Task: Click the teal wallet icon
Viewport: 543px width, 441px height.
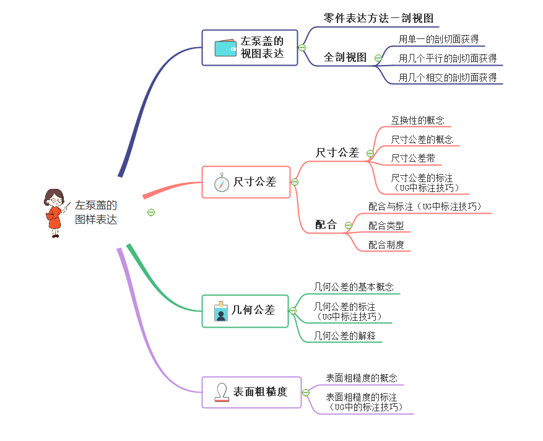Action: pos(225,48)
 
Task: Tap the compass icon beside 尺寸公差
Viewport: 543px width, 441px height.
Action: pos(222,183)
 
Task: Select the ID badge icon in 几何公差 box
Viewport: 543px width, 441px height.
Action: pos(220,312)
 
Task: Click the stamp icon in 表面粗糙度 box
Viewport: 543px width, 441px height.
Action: pos(221,392)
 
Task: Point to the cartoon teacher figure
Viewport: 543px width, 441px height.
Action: pos(54,212)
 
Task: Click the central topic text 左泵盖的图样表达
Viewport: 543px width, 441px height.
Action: pos(96,212)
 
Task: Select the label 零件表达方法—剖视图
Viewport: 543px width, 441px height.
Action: pos(382,18)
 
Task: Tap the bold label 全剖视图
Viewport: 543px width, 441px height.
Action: pos(345,58)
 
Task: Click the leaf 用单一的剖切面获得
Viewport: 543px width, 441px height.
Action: pos(438,39)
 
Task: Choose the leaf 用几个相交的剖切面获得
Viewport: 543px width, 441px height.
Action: pos(447,77)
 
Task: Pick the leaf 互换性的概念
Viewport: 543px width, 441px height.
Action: pos(417,120)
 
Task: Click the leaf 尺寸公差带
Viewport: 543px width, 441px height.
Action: pos(412,159)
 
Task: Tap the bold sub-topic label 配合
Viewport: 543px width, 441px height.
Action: pos(326,225)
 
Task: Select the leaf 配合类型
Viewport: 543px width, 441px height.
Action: pos(386,225)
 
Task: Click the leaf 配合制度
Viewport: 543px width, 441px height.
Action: pos(386,245)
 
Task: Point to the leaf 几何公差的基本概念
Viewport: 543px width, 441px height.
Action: pos(353,287)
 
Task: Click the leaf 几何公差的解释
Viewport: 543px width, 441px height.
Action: pos(344,336)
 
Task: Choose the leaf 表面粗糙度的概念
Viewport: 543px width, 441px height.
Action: pos(362,378)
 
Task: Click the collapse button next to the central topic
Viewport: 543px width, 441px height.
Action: pos(151,212)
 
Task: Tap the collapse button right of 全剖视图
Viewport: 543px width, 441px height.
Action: pos(379,58)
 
